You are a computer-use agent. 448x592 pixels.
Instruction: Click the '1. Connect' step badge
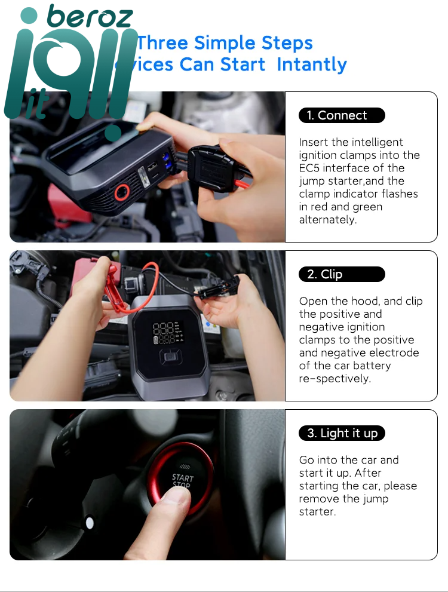click(x=342, y=115)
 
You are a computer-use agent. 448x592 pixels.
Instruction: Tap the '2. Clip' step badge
click(x=342, y=274)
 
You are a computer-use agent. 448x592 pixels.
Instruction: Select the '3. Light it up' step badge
click(x=342, y=433)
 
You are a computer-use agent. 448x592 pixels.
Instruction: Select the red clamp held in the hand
click(x=113, y=287)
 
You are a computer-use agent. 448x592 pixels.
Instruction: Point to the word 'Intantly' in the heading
click(x=312, y=65)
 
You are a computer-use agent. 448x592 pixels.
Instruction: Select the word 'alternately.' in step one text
click(x=327, y=220)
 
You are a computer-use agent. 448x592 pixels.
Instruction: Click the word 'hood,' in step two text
click(x=367, y=301)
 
